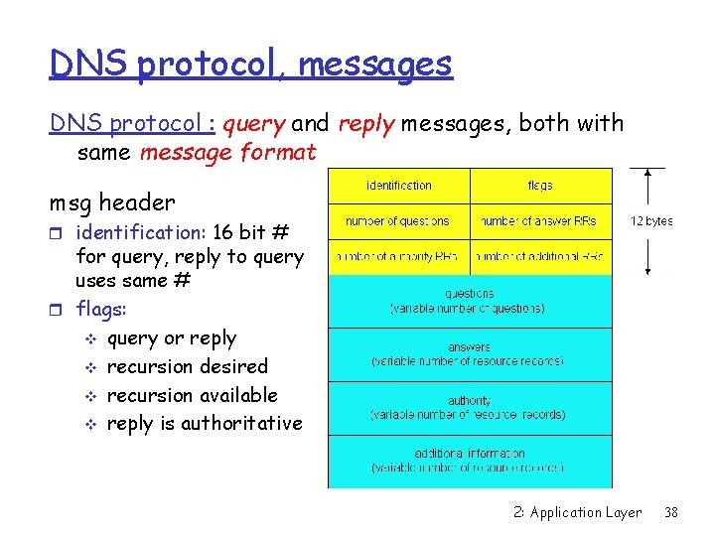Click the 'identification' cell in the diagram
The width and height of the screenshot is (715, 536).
click(399, 186)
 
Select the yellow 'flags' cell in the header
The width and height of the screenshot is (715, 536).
click(540, 186)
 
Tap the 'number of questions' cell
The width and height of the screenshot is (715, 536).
click(398, 221)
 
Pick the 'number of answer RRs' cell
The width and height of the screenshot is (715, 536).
click(540, 221)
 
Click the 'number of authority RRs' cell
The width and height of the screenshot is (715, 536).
click(398, 257)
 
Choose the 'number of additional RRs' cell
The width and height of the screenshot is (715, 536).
click(540, 257)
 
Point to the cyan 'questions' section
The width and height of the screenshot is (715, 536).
click(469, 301)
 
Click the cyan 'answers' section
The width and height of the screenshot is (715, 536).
click(469, 354)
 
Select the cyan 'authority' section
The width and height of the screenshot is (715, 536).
click(469, 407)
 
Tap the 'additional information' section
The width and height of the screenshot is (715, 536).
click(469, 461)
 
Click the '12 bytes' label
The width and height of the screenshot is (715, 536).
click(651, 221)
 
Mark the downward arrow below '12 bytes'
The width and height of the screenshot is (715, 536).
click(648, 256)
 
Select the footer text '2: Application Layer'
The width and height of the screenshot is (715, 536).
click(578, 512)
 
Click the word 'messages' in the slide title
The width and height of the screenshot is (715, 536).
click(375, 65)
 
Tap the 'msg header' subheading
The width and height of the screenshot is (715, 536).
click(112, 202)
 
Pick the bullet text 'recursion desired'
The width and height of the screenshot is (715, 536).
click(188, 366)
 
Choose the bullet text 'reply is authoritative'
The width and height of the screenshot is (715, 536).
click(204, 423)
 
